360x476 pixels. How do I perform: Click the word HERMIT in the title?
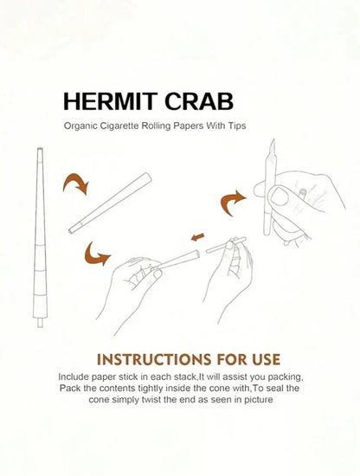110,102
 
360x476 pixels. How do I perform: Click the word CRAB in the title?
199,102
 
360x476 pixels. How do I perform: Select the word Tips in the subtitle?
237,125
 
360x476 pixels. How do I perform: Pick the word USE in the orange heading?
266,360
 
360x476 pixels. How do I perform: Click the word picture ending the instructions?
259,400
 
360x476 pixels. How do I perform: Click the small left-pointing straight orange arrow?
197,237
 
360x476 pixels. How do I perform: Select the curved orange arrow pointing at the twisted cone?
232,202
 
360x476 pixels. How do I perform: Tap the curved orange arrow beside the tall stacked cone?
76,182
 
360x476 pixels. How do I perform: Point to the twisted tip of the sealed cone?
273,146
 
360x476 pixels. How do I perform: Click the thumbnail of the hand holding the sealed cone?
280,196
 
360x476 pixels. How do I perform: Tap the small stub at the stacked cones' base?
40,323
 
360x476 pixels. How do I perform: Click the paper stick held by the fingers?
226,245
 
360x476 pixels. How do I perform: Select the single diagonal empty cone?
110,203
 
